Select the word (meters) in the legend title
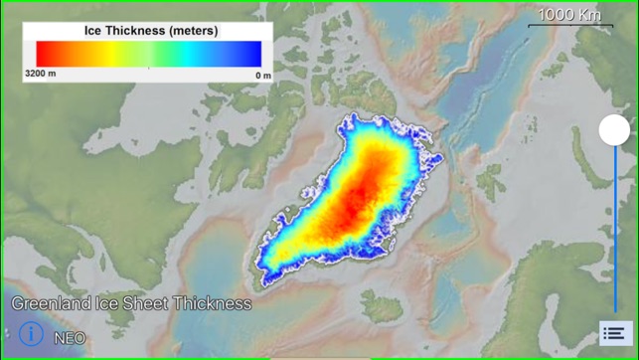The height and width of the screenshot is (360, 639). [194, 31]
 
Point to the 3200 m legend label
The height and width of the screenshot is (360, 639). [40, 75]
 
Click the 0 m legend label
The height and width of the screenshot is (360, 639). [263, 75]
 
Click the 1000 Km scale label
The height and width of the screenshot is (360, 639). [569, 14]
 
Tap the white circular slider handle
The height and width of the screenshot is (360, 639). [614, 129]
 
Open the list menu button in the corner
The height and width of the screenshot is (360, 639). [614, 334]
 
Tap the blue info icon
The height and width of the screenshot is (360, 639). [31, 334]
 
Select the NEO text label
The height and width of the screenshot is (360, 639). [70, 338]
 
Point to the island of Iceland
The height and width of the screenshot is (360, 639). [383, 303]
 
